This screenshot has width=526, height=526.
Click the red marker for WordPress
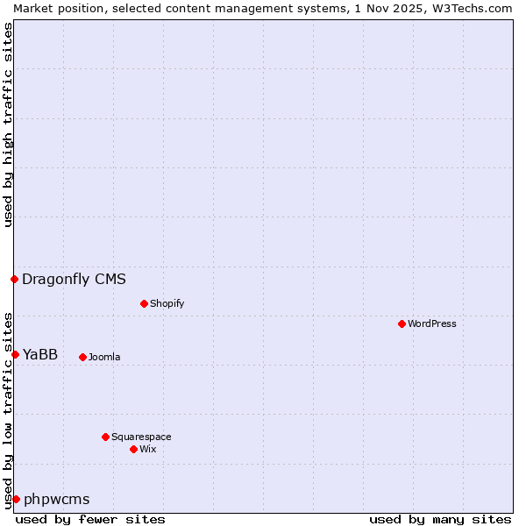click(402, 323)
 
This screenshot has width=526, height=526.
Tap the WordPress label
click(431, 323)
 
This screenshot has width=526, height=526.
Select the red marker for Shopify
click(144, 303)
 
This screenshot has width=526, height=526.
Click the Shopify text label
click(167, 303)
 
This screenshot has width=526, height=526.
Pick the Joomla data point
click(82, 357)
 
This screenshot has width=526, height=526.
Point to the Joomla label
click(104, 357)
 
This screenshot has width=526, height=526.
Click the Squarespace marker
click(105, 437)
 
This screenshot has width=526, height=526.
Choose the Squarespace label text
click(141, 437)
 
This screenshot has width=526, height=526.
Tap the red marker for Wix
click(133, 449)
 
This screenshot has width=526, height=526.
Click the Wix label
click(147, 449)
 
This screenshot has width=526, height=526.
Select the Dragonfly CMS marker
click(14, 279)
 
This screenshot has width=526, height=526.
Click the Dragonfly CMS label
click(74, 280)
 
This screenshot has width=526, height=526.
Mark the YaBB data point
click(15, 354)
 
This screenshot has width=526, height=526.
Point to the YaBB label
click(40, 354)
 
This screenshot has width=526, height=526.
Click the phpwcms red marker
click(16, 499)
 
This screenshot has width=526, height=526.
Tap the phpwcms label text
click(56, 500)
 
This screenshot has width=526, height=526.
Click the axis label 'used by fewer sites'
click(90, 519)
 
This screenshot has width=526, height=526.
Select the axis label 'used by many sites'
click(440, 519)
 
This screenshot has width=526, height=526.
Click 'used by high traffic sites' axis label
click(8, 124)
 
